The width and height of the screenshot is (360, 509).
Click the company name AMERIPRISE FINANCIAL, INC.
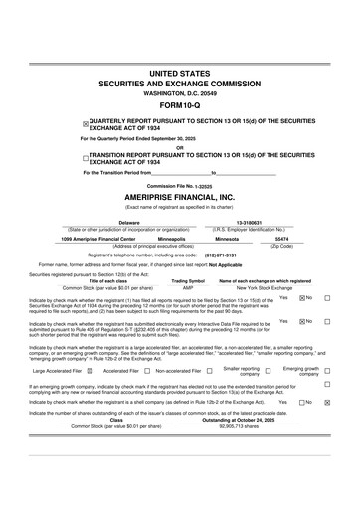pyautogui.click(x=179, y=197)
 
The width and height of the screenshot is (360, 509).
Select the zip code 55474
pyautogui.click(x=281, y=239)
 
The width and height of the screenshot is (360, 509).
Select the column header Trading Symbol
pyautogui.click(x=187, y=280)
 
